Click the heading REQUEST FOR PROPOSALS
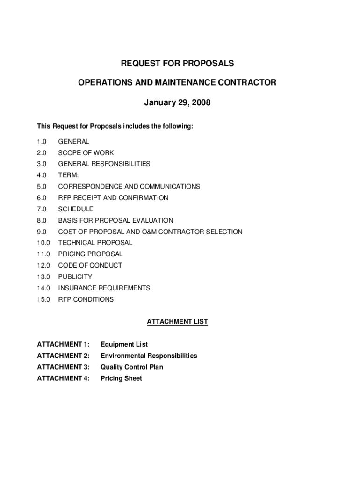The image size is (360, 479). point(177,63)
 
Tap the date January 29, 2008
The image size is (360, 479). point(177,102)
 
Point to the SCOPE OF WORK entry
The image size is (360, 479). point(86,153)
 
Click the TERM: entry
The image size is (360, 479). point(68,175)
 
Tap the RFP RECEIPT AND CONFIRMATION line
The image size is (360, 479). point(113,198)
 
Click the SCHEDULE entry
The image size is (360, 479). point(76,209)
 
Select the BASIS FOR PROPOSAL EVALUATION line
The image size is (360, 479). point(115,220)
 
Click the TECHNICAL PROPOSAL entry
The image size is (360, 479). point(95,243)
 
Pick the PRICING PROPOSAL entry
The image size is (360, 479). point(90,254)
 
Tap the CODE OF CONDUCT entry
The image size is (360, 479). point(90,265)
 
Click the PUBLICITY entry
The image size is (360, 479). point(75,276)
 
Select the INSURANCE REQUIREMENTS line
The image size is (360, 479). point(104,288)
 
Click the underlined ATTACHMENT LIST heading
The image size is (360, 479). point(177,322)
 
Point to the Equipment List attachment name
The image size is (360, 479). point(124,345)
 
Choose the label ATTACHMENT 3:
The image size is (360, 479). point(63,367)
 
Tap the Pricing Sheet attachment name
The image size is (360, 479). point(121,378)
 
